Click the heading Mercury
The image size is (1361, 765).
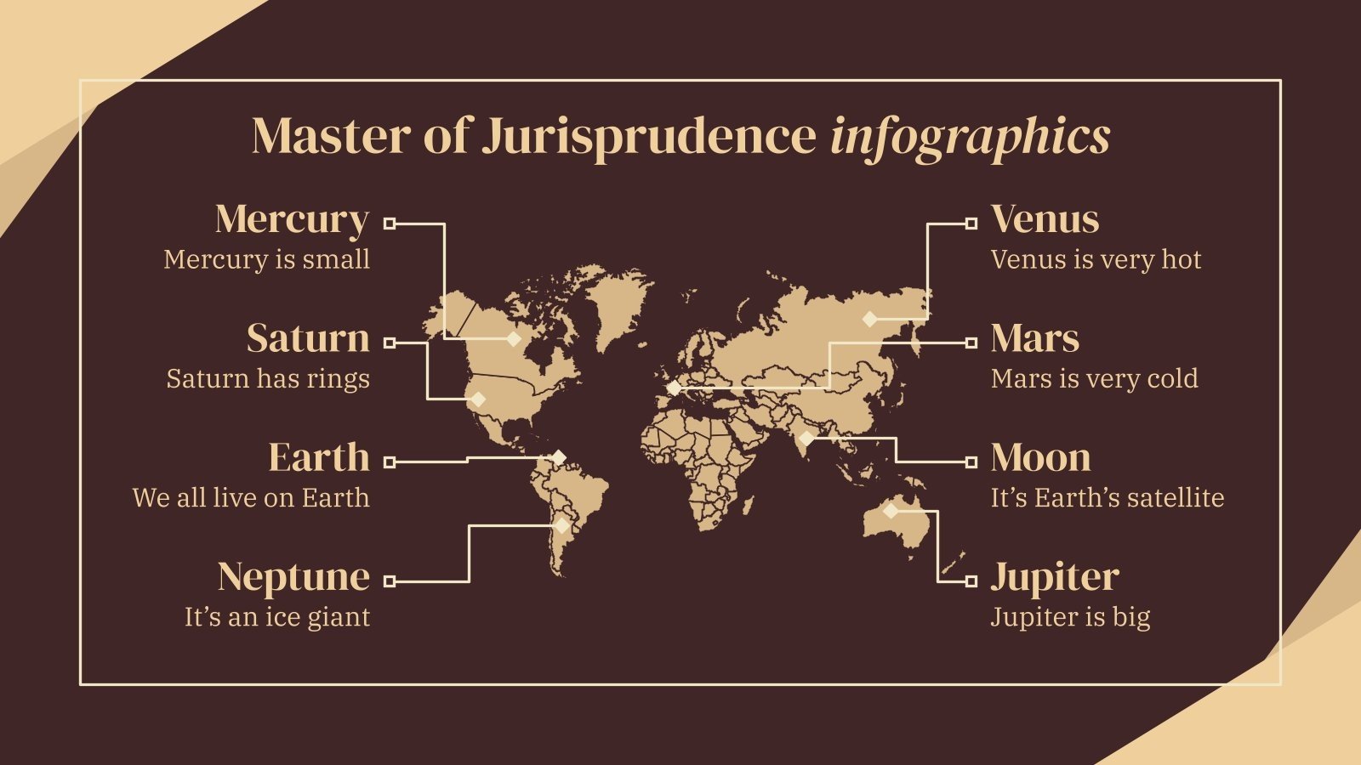click(x=292, y=219)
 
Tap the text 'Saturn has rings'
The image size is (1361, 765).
click(x=268, y=378)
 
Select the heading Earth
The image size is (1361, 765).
click(x=319, y=457)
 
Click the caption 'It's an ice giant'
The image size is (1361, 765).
click(x=277, y=616)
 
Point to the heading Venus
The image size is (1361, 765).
click(x=1045, y=219)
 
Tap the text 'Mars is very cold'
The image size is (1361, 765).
click(x=1094, y=378)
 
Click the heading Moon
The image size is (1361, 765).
click(x=1040, y=457)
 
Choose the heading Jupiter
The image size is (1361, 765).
click(x=1054, y=578)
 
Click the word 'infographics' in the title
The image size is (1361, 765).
click(x=970, y=136)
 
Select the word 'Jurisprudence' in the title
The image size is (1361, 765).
click(x=649, y=136)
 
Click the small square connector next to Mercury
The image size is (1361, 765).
click(x=390, y=224)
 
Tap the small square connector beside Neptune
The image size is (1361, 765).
click(x=390, y=581)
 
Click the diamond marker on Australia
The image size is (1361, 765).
click(x=891, y=511)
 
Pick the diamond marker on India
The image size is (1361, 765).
click(x=806, y=439)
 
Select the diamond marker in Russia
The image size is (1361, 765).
click(x=869, y=320)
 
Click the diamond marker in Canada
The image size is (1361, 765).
click(x=514, y=339)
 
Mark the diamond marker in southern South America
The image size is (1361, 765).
click(x=561, y=526)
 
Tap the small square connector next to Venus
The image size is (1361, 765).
click(x=971, y=224)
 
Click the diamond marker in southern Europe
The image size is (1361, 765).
click(x=674, y=388)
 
